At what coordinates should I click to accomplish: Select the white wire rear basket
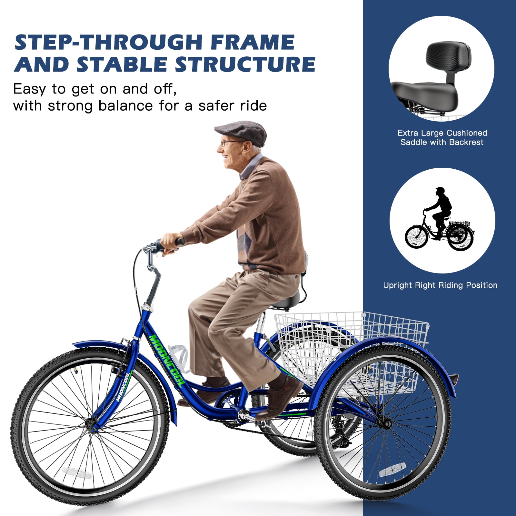tap(352, 348)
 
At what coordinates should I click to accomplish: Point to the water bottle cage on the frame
tap(179, 358)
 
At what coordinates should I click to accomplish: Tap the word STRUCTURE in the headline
tap(245, 64)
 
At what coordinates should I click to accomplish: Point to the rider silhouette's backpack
tap(447, 203)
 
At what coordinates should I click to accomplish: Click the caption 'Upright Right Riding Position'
tap(440, 285)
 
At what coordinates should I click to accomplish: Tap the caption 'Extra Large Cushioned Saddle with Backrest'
tap(442, 138)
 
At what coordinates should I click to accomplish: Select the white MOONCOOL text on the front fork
tap(123, 387)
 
